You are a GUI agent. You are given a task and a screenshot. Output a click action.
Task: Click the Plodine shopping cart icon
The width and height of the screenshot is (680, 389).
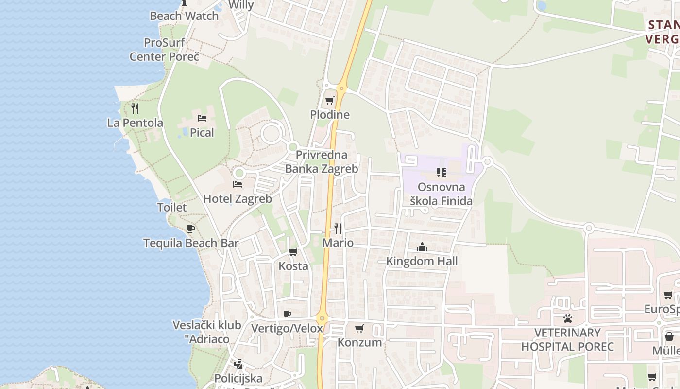(x=330, y=101)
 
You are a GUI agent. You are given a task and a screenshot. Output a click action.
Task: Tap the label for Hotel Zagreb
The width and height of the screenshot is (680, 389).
(x=237, y=198)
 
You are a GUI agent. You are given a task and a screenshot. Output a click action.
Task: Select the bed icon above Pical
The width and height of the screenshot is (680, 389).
(x=202, y=118)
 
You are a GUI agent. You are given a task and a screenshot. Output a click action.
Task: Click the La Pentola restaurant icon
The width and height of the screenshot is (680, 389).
(x=135, y=108)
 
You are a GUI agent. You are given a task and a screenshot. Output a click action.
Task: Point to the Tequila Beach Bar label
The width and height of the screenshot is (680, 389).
(x=191, y=243)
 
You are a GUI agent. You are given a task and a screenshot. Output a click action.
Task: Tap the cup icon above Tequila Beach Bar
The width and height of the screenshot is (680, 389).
(x=191, y=229)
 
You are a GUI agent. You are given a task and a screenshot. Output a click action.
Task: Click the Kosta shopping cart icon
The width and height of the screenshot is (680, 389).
(x=293, y=252)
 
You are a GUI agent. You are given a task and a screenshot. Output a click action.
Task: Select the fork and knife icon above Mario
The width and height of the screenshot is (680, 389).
(x=338, y=228)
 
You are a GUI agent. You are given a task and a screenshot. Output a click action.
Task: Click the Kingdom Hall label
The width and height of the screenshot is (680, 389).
(x=422, y=261)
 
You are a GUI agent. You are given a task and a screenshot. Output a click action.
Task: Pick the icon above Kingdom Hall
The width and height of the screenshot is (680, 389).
(x=422, y=247)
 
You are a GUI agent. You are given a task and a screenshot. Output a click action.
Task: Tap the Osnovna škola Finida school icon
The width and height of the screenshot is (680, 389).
(x=441, y=172)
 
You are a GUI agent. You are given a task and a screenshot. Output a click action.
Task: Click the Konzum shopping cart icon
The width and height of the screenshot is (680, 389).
(x=359, y=328)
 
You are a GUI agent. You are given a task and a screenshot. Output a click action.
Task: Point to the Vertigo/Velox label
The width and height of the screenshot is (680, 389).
(x=287, y=328)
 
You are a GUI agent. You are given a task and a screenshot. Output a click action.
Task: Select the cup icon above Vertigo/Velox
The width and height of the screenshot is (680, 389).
(x=287, y=314)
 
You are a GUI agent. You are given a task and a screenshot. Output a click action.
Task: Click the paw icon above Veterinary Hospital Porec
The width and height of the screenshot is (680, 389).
(x=567, y=318)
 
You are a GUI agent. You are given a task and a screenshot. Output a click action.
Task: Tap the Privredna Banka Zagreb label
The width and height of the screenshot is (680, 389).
(x=322, y=162)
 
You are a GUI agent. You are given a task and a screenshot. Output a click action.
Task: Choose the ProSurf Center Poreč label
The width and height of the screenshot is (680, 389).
(x=164, y=50)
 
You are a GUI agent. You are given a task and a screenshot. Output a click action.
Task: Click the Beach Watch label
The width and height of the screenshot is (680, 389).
(x=184, y=16)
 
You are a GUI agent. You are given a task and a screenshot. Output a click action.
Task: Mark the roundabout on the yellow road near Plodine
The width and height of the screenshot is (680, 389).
(x=341, y=89)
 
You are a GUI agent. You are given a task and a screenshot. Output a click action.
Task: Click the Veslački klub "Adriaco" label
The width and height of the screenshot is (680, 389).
(x=207, y=332)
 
